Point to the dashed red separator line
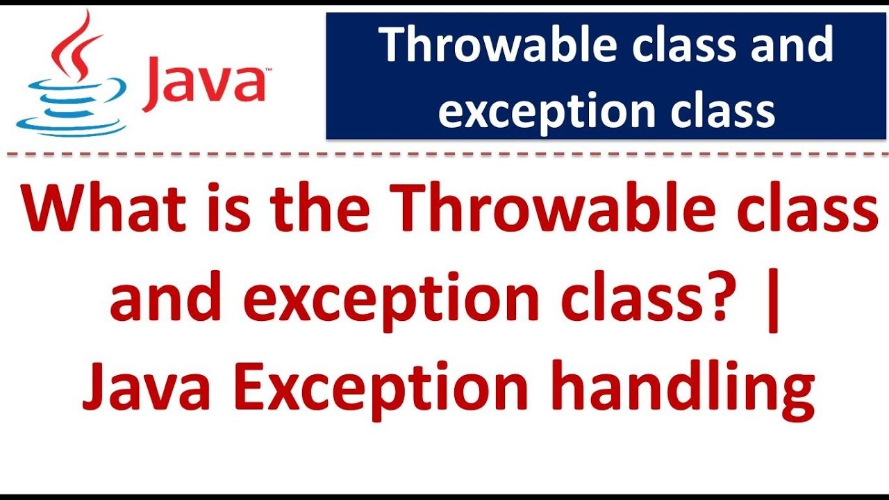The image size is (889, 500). pyautogui.click(x=444, y=154)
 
